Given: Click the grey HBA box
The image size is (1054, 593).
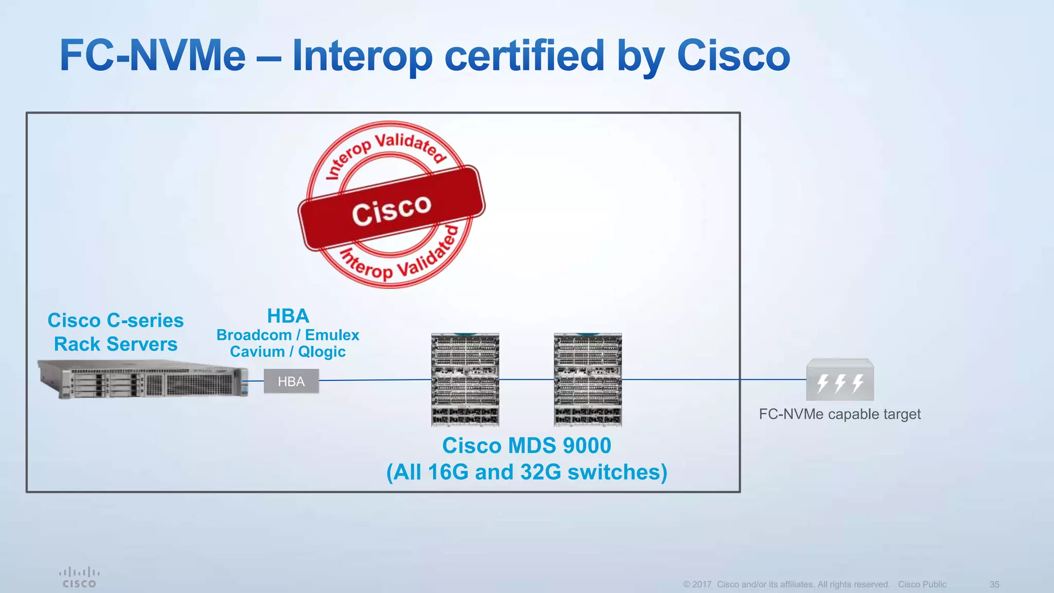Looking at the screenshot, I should click(291, 381).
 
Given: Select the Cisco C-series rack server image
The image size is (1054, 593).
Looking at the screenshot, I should click(143, 380).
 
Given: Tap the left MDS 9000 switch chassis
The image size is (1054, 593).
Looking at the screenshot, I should click(465, 380).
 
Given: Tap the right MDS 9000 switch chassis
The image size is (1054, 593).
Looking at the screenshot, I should click(588, 380).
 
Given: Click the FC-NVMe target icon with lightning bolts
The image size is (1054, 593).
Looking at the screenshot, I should click(840, 380).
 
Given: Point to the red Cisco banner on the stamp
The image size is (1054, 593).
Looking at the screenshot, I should click(391, 208).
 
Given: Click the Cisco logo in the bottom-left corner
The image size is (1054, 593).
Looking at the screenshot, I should click(79, 577).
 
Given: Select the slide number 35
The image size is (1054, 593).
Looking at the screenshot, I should click(994, 584).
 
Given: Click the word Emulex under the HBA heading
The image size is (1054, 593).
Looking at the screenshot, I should click(332, 335).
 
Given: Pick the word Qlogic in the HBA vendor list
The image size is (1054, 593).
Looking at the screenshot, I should click(322, 352).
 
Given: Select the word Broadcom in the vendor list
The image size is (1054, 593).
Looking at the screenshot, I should click(254, 335).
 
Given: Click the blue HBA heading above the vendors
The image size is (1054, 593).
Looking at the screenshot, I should click(288, 316).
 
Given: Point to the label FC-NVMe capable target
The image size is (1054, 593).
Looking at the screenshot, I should click(840, 414).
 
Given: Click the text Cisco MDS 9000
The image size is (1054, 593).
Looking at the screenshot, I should click(526, 445).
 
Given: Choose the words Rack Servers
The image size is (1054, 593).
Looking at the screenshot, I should click(116, 344).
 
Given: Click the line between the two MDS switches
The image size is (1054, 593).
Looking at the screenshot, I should click(526, 379).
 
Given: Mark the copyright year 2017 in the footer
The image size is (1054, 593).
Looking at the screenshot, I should click(702, 584).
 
